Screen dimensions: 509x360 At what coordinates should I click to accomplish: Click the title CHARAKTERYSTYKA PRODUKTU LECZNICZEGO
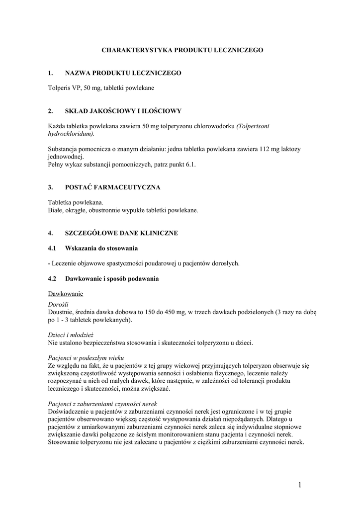pyautogui.click(x=182, y=50)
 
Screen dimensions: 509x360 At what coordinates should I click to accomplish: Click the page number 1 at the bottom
pyautogui.click(x=301, y=485)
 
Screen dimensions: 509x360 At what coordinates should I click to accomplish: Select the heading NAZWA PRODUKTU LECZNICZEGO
pyautogui.click(x=123, y=73)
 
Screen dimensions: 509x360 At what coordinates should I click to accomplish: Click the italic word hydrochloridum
pyautogui.click(x=71, y=134)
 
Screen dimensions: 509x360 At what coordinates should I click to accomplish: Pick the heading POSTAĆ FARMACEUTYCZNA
pyautogui.click(x=113, y=187)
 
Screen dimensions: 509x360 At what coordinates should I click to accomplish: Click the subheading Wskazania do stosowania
pyautogui.click(x=101, y=248)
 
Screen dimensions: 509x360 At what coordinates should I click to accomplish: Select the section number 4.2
pyautogui.click(x=52, y=279)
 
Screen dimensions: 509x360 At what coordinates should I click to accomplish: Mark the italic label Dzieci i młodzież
pyautogui.click(x=71, y=335)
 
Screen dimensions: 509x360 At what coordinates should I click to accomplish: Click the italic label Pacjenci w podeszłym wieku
pyautogui.click(x=86, y=358)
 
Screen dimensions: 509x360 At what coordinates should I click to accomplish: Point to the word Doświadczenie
pyautogui.click(x=69, y=412)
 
